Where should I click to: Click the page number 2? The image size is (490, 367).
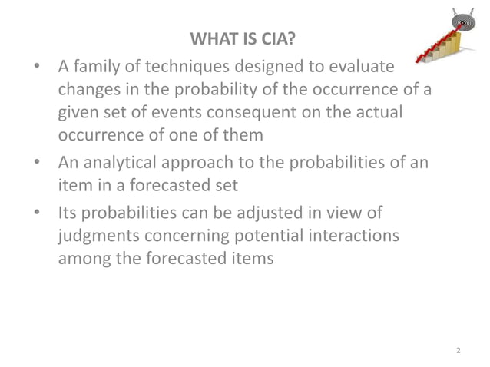pos(458,351)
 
